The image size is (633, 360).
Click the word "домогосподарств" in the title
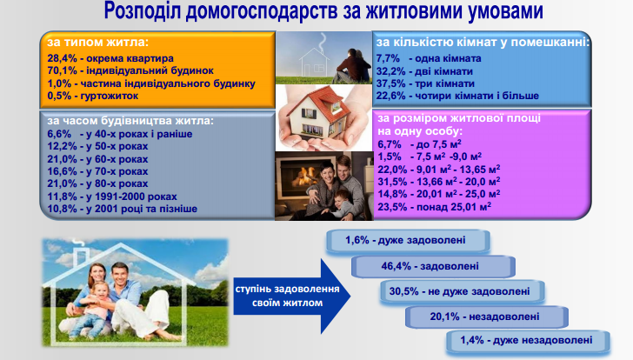pyautogui.click(x=261, y=11)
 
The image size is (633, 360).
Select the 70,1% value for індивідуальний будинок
pyautogui.click(x=62, y=70)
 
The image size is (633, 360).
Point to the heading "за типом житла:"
pyautogui.click(x=97, y=42)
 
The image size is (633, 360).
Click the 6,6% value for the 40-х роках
pyautogui.click(x=59, y=134)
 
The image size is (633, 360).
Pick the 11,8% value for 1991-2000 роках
pyautogui.click(x=62, y=197)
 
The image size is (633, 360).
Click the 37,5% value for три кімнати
pyautogui.click(x=390, y=83)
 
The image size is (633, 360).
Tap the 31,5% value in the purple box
pyautogui.click(x=392, y=182)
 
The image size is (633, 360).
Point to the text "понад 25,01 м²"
pyautogui.click(x=454, y=207)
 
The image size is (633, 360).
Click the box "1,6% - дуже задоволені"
pyautogui.click(x=408, y=241)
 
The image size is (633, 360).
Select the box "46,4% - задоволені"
pyautogui.click(x=433, y=266)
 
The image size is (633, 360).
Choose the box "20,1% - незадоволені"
pyautogui.click(x=487, y=317)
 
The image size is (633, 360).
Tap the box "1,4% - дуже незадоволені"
pyautogui.click(x=528, y=341)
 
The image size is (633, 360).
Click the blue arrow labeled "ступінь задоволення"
pyautogui.click(x=291, y=297)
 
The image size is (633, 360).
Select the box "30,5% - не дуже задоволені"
pyautogui.click(x=463, y=292)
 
